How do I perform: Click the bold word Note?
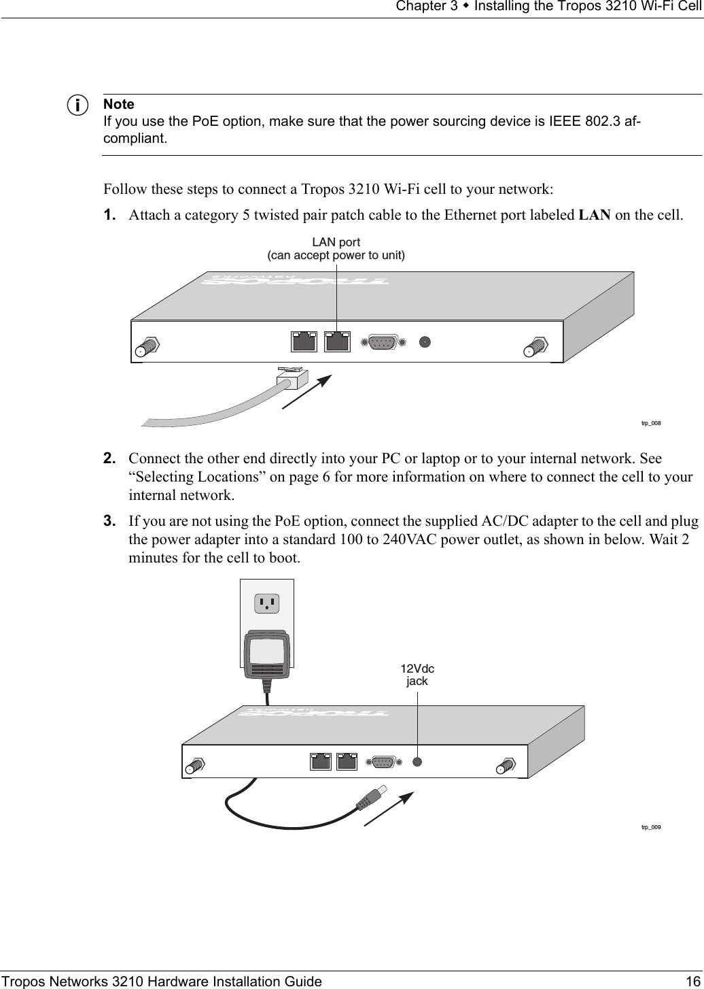click(118, 105)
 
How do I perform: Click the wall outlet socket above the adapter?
click(267, 603)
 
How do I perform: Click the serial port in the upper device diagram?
click(383, 342)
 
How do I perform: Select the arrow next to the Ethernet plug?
click(306, 392)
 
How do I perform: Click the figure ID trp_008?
click(650, 423)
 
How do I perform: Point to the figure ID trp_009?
click(650, 827)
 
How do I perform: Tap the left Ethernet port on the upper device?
click(304, 341)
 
